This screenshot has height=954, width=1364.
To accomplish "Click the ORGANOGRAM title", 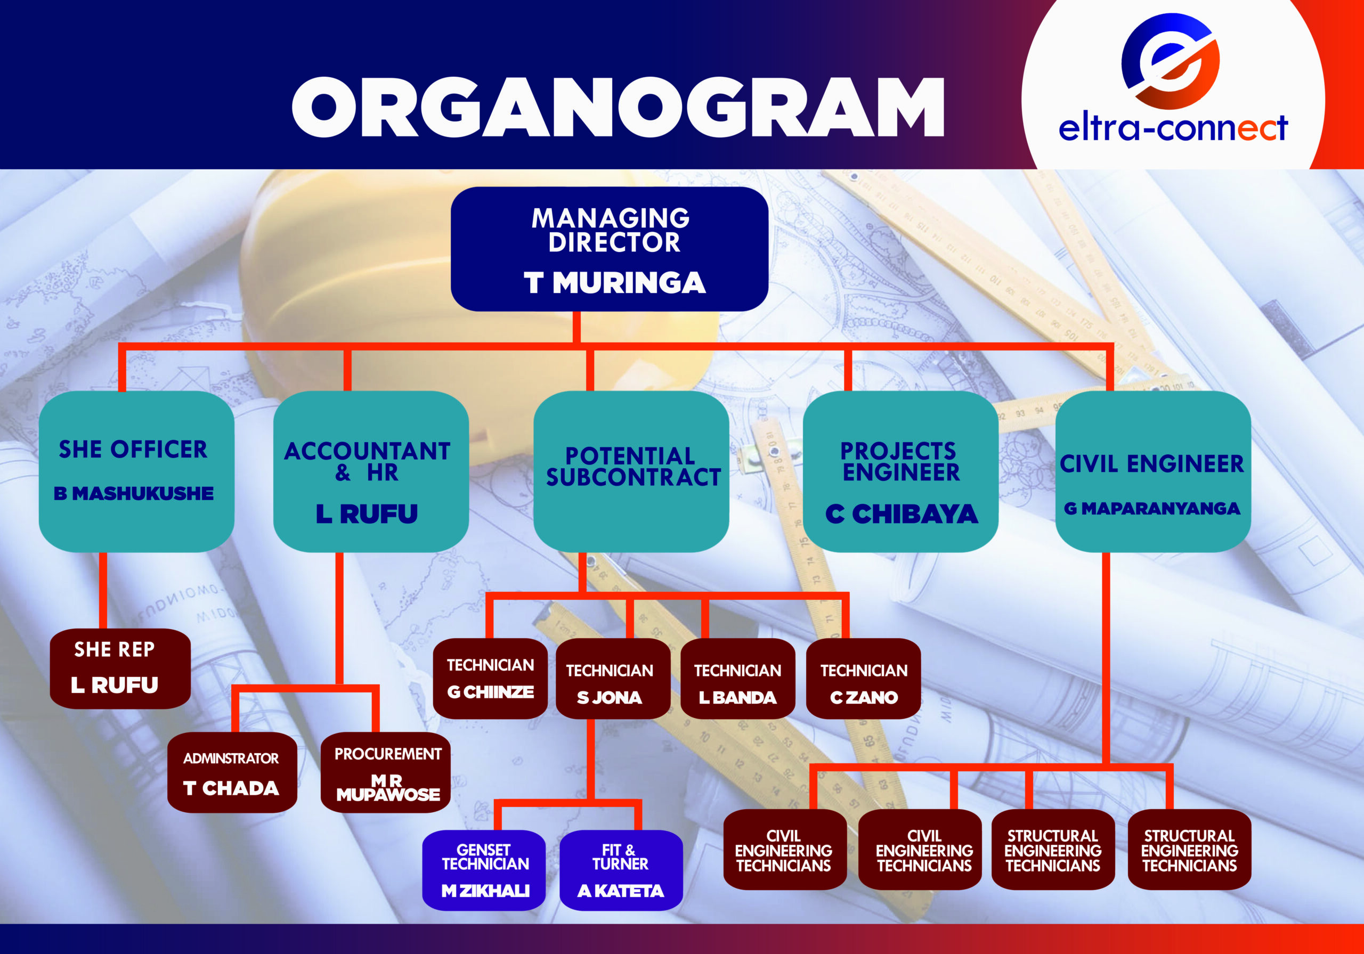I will (x=618, y=107).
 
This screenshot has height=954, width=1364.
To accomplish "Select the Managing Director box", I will (x=609, y=249).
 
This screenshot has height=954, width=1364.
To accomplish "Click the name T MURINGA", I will (x=614, y=283).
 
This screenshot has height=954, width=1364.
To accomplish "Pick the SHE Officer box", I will (x=136, y=471).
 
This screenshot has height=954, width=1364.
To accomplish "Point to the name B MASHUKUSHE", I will (x=134, y=494).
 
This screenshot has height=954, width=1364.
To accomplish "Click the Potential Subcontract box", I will (x=631, y=471).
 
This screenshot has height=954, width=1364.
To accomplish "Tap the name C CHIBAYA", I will (x=901, y=515).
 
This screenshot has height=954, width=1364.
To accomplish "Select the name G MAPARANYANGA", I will (x=1152, y=509).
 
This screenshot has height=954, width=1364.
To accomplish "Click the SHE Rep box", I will (x=120, y=668).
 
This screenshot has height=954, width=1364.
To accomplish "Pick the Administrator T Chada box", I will (x=232, y=772).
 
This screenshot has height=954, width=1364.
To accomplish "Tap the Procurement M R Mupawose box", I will (x=386, y=772).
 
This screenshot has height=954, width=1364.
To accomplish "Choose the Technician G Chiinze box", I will (x=490, y=679).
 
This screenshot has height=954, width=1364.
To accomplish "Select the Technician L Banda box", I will (x=737, y=679).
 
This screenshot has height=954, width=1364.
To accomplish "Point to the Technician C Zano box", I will (x=863, y=679).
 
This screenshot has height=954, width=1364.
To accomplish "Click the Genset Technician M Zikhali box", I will (x=484, y=870).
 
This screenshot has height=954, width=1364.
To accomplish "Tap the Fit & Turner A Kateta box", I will (x=621, y=870).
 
